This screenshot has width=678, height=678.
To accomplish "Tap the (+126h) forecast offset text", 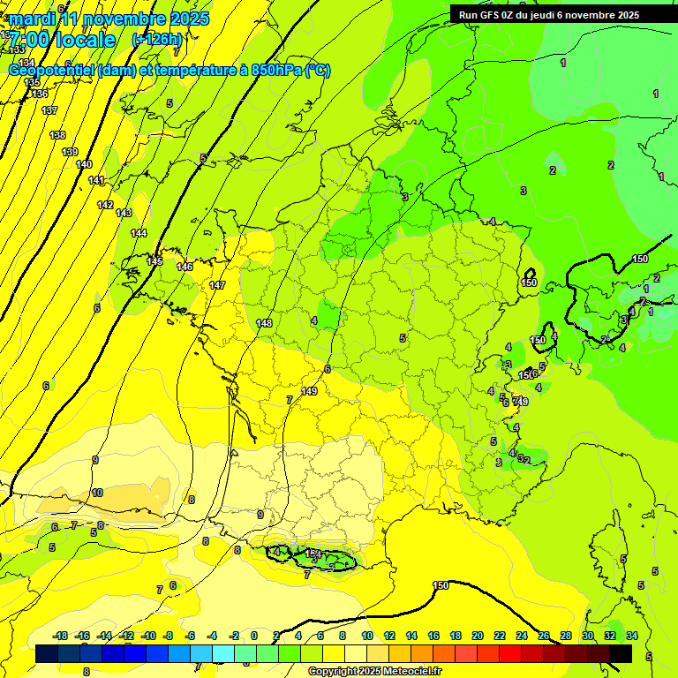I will click(156, 39).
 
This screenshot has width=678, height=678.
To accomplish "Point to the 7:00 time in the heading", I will click(28, 40).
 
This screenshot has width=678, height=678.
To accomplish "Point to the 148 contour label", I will click(264, 323).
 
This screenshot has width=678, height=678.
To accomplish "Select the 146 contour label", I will click(185, 267).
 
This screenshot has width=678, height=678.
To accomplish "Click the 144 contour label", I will click(139, 233).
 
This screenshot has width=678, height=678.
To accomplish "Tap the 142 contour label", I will click(105, 205).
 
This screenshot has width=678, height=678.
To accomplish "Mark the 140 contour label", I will click(84, 165).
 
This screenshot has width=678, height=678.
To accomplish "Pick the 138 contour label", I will click(57, 135).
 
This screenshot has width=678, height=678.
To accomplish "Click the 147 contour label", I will click(217, 285).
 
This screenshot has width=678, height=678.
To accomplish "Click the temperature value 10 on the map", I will click(97, 493).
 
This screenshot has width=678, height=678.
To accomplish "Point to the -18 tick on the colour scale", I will click(60, 636).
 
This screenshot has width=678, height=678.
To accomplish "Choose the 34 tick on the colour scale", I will click(631, 636).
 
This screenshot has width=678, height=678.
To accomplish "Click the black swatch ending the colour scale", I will click(621, 653).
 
